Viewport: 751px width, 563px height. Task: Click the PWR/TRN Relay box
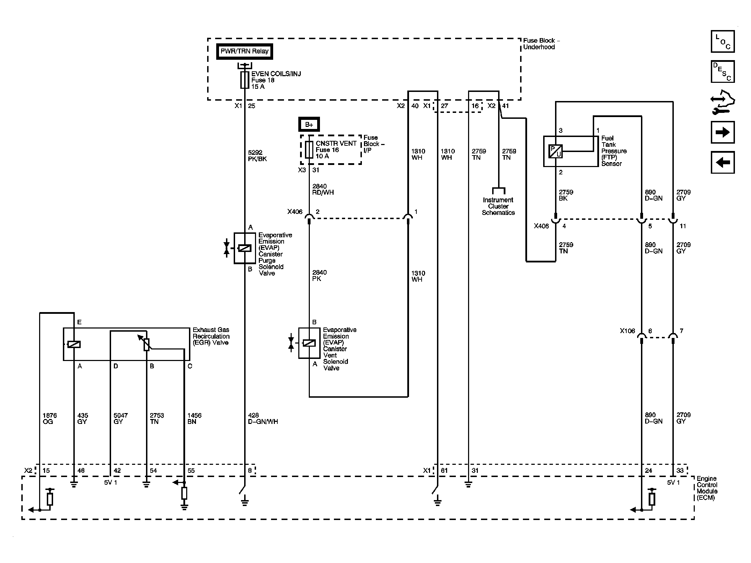[245, 51]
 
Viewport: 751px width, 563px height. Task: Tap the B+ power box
[309, 125]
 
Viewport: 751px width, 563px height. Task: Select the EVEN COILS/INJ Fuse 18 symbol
[245, 80]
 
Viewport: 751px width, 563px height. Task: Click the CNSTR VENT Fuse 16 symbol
[309, 150]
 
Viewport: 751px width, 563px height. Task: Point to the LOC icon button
[723, 42]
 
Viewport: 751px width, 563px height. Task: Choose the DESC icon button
[723, 71]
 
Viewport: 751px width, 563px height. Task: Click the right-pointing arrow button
[723, 132]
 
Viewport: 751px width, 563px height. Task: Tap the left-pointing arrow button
[723, 162]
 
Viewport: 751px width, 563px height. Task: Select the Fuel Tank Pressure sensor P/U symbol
[555, 151]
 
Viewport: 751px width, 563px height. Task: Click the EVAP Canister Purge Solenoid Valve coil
[245, 248]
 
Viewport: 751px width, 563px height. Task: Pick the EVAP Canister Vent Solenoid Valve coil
[309, 343]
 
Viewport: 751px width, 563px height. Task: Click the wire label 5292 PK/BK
[257, 156]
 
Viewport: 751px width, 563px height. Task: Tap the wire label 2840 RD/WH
[323, 189]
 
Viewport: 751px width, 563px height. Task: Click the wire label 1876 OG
[50, 418]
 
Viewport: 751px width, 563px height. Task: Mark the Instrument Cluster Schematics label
[498, 206]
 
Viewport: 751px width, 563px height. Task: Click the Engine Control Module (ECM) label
[707, 488]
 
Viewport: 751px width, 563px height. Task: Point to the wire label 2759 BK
[566, 195]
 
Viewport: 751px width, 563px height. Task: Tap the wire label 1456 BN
[194, 418]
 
